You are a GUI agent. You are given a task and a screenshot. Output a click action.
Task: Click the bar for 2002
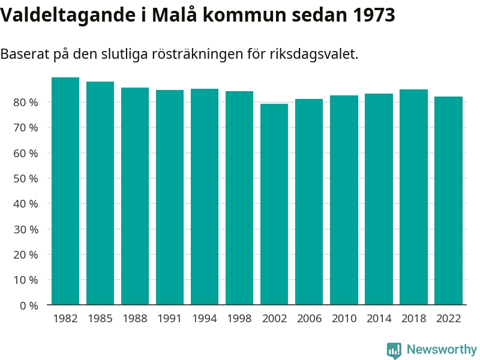(x=274, y=204)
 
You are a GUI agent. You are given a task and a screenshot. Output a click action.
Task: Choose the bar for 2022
(x=448, y=200)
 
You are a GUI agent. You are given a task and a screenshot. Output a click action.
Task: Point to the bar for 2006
(x=309, y=202)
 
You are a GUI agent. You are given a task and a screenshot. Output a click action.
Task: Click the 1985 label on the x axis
(x=100, y=319)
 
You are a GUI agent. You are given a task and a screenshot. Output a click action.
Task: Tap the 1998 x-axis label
(x=239, y=319)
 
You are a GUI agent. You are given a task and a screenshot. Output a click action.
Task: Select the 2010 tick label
(x=344, y=319)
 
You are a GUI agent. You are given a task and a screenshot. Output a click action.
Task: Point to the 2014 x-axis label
(x=379, y=319)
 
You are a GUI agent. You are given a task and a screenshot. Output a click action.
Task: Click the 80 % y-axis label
(x=26, y=103)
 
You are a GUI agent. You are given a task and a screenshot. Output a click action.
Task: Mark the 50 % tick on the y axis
(x=26, y=179)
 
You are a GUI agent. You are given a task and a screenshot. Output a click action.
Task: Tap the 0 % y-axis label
(x=29, y=306)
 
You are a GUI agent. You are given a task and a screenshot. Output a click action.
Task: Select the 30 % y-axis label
(x=26, y=230)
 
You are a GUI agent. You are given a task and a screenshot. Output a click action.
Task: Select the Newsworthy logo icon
(x=394, y=350)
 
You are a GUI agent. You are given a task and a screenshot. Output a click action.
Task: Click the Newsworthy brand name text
(x=442, y=349)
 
